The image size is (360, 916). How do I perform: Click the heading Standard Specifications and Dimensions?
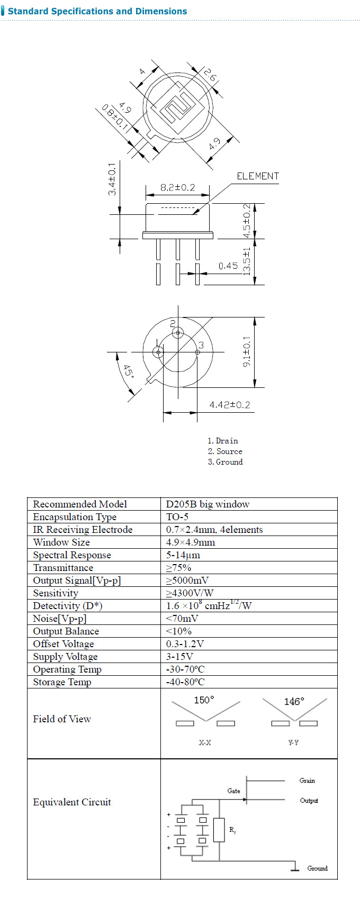click(x=97, y=11)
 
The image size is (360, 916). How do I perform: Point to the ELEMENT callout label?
click(x=257, y=176)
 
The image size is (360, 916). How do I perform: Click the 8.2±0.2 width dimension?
click(x=177, y=187)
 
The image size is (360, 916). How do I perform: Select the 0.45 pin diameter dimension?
click(x=228, y=266)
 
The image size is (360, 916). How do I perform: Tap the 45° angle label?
click(x=128, y=371)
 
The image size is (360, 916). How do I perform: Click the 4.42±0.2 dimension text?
click(x=229, y=405)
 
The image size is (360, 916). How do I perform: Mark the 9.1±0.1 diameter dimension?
click(x=247, y=352)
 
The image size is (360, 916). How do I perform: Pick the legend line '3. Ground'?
click(x=225, y=462)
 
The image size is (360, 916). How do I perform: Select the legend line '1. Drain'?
click(x=222, y=441)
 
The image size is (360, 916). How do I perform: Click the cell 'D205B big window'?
click(x=208, y=504)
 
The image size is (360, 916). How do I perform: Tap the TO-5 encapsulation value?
click(x=177, y=517)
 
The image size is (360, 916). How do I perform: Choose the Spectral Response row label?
click(x=72, y=555)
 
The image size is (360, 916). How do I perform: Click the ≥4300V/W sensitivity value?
click(x=190, y=593)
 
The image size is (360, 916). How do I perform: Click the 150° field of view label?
click(x=204, y=700)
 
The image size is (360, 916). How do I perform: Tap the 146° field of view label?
click(x=294, y=701)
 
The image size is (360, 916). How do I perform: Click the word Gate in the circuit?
click(x=233, y=791)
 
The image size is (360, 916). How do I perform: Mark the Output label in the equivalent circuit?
click(x=309, y=801)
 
